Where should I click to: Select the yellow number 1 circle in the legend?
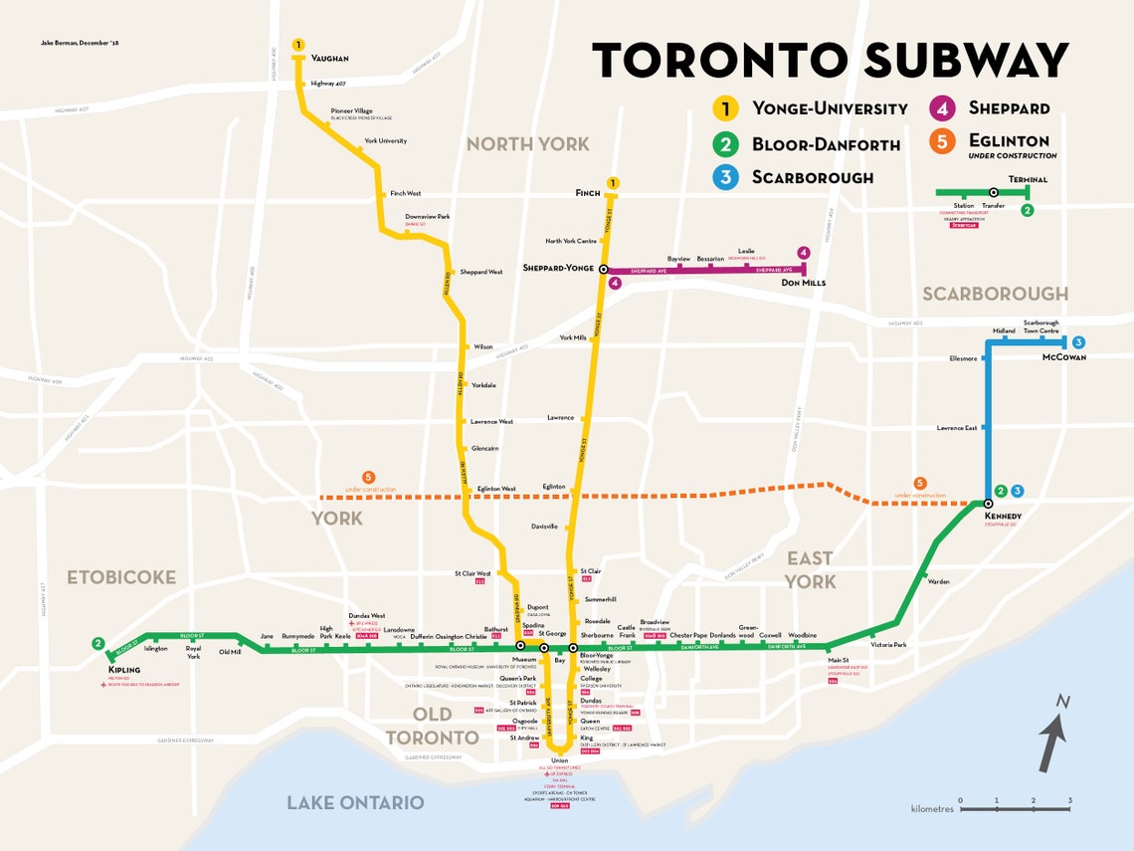point(728,108)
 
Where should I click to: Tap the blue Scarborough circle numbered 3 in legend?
point(728,177)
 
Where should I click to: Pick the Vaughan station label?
point(329,59)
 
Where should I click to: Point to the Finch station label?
point(588,193)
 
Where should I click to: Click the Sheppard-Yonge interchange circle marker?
point(604,270)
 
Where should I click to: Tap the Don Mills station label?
point(803,284)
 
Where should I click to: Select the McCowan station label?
point(1063,357)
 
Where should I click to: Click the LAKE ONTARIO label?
point(355,802)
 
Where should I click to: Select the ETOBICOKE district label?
point(121,577)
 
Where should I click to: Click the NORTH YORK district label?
point(527,144)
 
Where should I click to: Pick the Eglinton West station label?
point(496,489)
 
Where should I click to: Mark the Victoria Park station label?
point(888,644)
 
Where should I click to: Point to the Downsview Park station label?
point(427,217)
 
